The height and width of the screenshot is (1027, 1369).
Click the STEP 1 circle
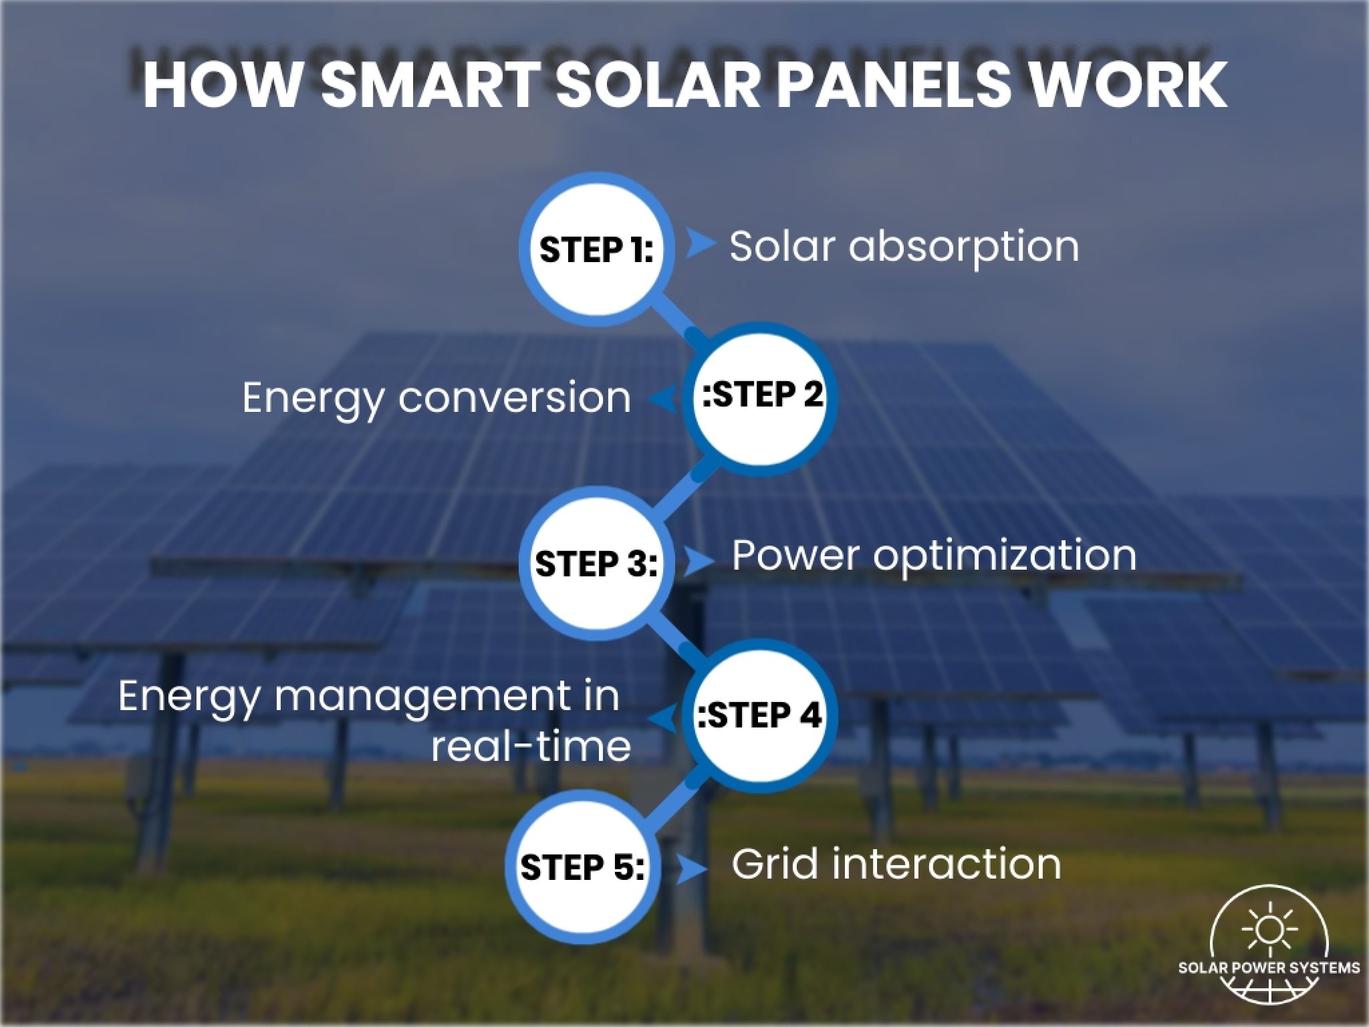coord(596,249)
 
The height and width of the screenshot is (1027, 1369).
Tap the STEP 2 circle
coord(763,395)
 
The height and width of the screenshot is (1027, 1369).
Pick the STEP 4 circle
coord(761,716)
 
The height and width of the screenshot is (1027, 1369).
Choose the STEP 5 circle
coord(582,868)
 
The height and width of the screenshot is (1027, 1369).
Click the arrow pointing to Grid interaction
coord(690,869)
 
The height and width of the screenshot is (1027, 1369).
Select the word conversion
coord(515,398)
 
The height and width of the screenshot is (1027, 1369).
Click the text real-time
coord(531,746)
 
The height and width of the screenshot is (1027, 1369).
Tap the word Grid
coord(775,863)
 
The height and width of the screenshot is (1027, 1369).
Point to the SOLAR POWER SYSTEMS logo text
coord(1268,967)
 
